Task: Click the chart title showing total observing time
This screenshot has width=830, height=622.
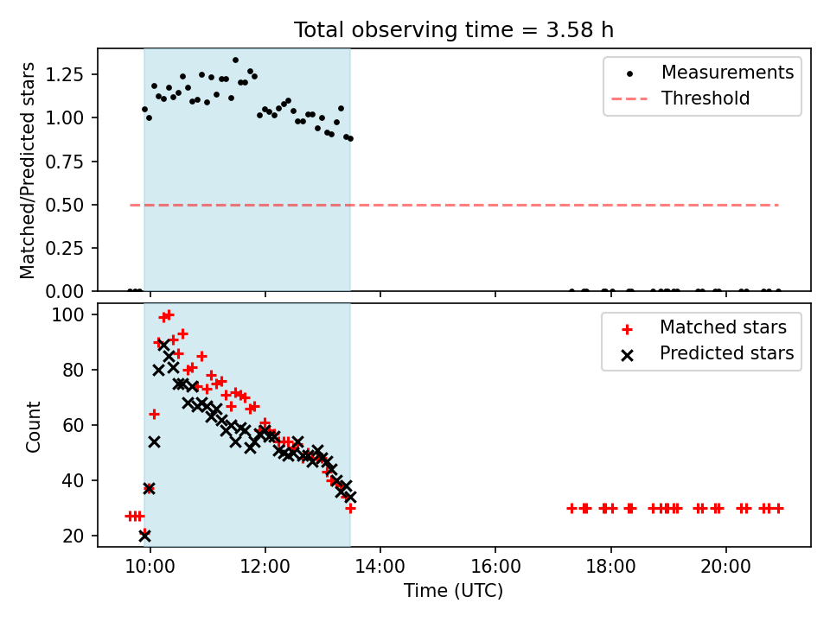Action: click(454, 29)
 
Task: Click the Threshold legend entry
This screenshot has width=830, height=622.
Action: click(705, 98)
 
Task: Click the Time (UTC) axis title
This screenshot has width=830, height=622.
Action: click(453, 592)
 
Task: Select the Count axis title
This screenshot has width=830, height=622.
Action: click(34, 426)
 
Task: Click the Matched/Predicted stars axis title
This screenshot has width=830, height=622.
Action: click(29, 170)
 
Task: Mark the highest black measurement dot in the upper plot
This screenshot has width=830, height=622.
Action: click(235, 60)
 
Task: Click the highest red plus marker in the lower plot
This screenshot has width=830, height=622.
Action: click(169, 314)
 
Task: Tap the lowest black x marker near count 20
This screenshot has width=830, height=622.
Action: click(144, 536)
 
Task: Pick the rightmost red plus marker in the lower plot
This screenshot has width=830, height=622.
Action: click(778, 508)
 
